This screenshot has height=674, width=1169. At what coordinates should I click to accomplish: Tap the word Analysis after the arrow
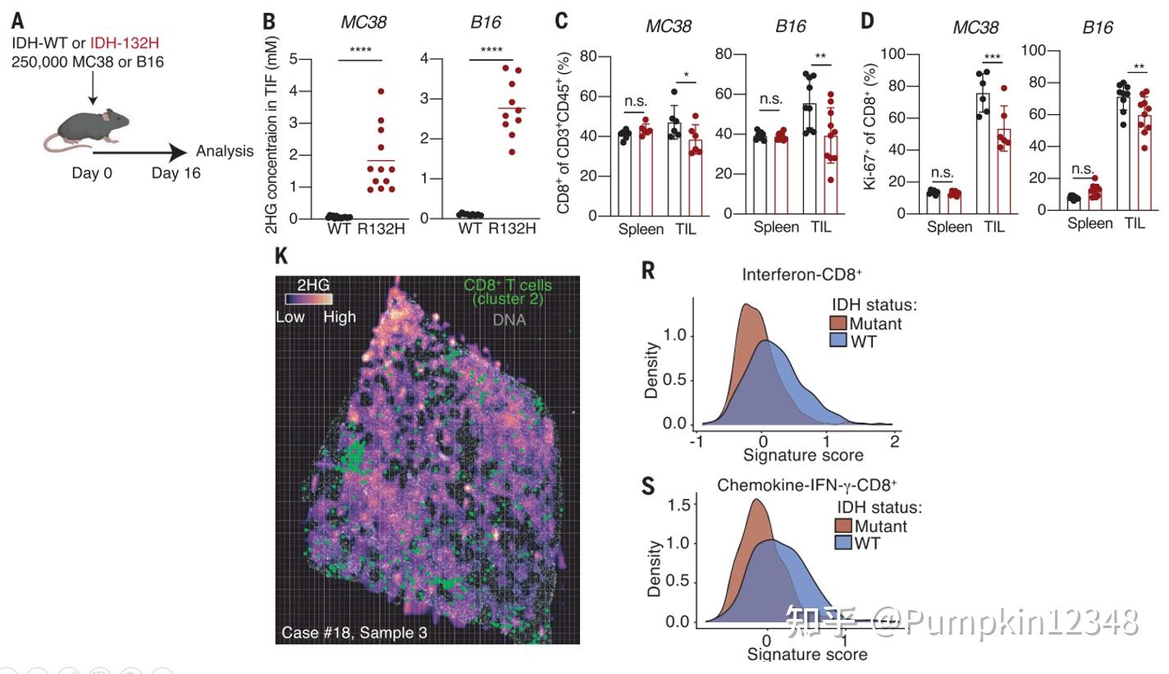tap(225, 151)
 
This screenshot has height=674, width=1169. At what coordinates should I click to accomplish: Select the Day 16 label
tap(176, 173)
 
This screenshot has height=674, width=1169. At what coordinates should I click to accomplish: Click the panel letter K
tap(281, 256)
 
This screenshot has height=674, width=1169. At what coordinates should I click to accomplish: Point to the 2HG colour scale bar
tap(308, 301)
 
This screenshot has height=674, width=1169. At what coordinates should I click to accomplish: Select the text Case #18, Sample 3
tap(354, 633)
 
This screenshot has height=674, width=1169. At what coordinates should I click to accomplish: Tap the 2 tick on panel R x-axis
tap(894, 441)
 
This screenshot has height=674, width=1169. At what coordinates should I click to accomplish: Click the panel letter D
tap(867, 20)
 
